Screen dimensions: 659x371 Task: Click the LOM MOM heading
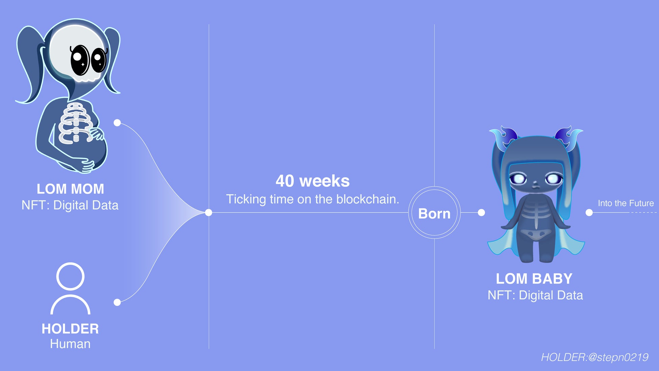tap(70, 189)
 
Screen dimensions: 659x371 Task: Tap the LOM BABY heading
tap(534, 279)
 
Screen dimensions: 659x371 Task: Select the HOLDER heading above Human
tap(70, 329)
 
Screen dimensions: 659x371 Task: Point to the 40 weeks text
tap(313, 181)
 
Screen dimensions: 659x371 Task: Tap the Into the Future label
tap(626, 203)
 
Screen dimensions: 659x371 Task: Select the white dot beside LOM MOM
tap(117, 123)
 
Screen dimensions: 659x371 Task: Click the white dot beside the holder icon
tap(117, 302)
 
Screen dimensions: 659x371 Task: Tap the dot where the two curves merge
tap(209, 212)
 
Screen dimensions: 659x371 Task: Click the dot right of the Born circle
tap(482, 212)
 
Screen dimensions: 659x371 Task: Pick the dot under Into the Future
tap(589, 212)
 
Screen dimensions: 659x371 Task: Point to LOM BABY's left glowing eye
tap(518, 179)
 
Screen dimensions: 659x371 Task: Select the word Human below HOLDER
tap(70, 344)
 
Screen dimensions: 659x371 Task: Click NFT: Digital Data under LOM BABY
tap(535, 295)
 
